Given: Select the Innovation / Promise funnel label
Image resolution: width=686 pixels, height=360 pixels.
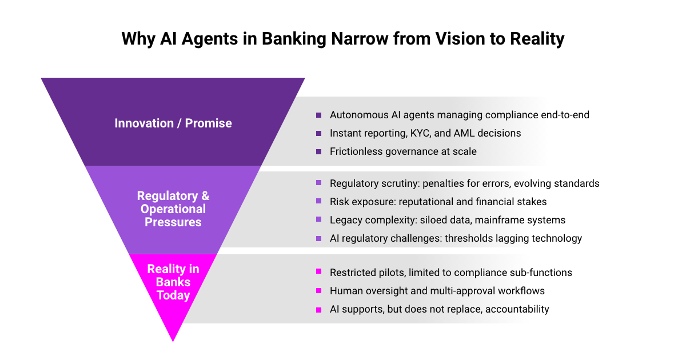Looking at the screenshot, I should tap(173, 123).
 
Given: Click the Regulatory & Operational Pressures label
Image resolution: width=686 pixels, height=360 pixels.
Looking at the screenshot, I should tap(173, 209).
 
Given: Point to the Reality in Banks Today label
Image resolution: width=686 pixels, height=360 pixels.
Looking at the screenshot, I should tap(173, 282).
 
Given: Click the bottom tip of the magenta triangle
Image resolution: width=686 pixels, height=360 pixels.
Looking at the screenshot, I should tap(173, 341).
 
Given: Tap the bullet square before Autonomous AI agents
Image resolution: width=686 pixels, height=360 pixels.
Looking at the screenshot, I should tap(319, 115).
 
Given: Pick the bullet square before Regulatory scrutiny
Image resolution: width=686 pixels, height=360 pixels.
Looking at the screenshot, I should tap(319, 183).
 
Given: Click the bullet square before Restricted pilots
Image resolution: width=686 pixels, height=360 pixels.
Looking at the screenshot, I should tap(319, 273).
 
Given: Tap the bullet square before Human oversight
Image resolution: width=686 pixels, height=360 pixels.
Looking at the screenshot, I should tap(319, 291).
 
